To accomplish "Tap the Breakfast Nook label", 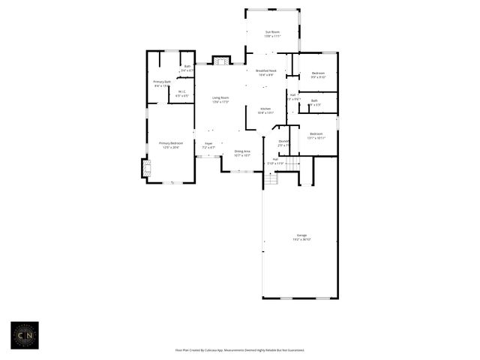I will (266, 70).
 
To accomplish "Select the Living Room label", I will (220, 98).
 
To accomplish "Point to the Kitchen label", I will (265, 109).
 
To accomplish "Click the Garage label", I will (301, 235).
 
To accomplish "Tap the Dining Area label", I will (241, 151).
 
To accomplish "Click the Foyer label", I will (208, 143).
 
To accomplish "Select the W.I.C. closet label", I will (182, 92).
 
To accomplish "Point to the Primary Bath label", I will (163, 82).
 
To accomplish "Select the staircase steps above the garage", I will (271, 179).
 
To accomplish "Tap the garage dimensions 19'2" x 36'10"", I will (301, 240).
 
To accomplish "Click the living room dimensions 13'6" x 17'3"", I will (220, 102).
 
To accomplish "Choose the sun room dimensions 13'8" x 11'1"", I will (272, 36).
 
